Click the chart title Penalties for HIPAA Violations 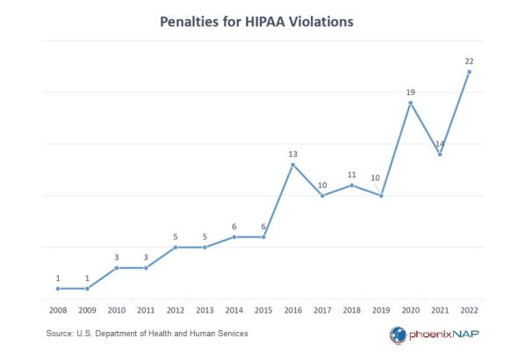coord(257,21)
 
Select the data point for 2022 coord(469,72)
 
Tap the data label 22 coord(469,60)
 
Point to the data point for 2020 coord(410,103)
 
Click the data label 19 coord(410,90)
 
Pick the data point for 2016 coord(292,164)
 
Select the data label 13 coord(292,154)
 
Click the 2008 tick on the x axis coord(57,310)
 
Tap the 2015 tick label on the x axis coord(263,310)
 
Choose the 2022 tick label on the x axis coord(469,310)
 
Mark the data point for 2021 coord(440,155)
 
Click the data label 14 coord(440,143)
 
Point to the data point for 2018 coord(351,185)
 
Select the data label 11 coord(351,174)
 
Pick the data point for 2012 coord(175,247)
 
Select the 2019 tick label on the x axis coord(381,310)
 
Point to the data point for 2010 coord(116,268)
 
